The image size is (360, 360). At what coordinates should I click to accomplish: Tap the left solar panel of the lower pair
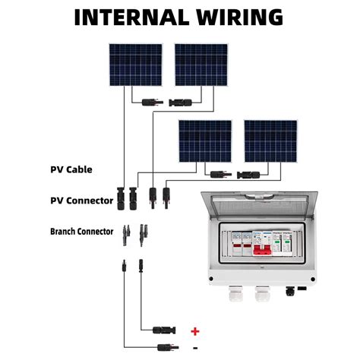(205, 141)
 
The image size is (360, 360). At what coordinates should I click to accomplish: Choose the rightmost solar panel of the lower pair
(270, 141)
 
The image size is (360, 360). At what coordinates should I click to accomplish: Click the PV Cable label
(71, 169)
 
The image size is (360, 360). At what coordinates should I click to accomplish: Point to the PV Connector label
(81, 201)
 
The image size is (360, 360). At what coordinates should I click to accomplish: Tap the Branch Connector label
(81, 232)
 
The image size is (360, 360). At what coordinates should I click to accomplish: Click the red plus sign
(195, 331)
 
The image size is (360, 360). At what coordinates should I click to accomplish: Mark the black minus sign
(195, 348)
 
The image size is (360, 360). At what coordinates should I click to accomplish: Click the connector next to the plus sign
(164, 331)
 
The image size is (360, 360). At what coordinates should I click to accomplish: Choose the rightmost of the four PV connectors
(166, 199)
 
